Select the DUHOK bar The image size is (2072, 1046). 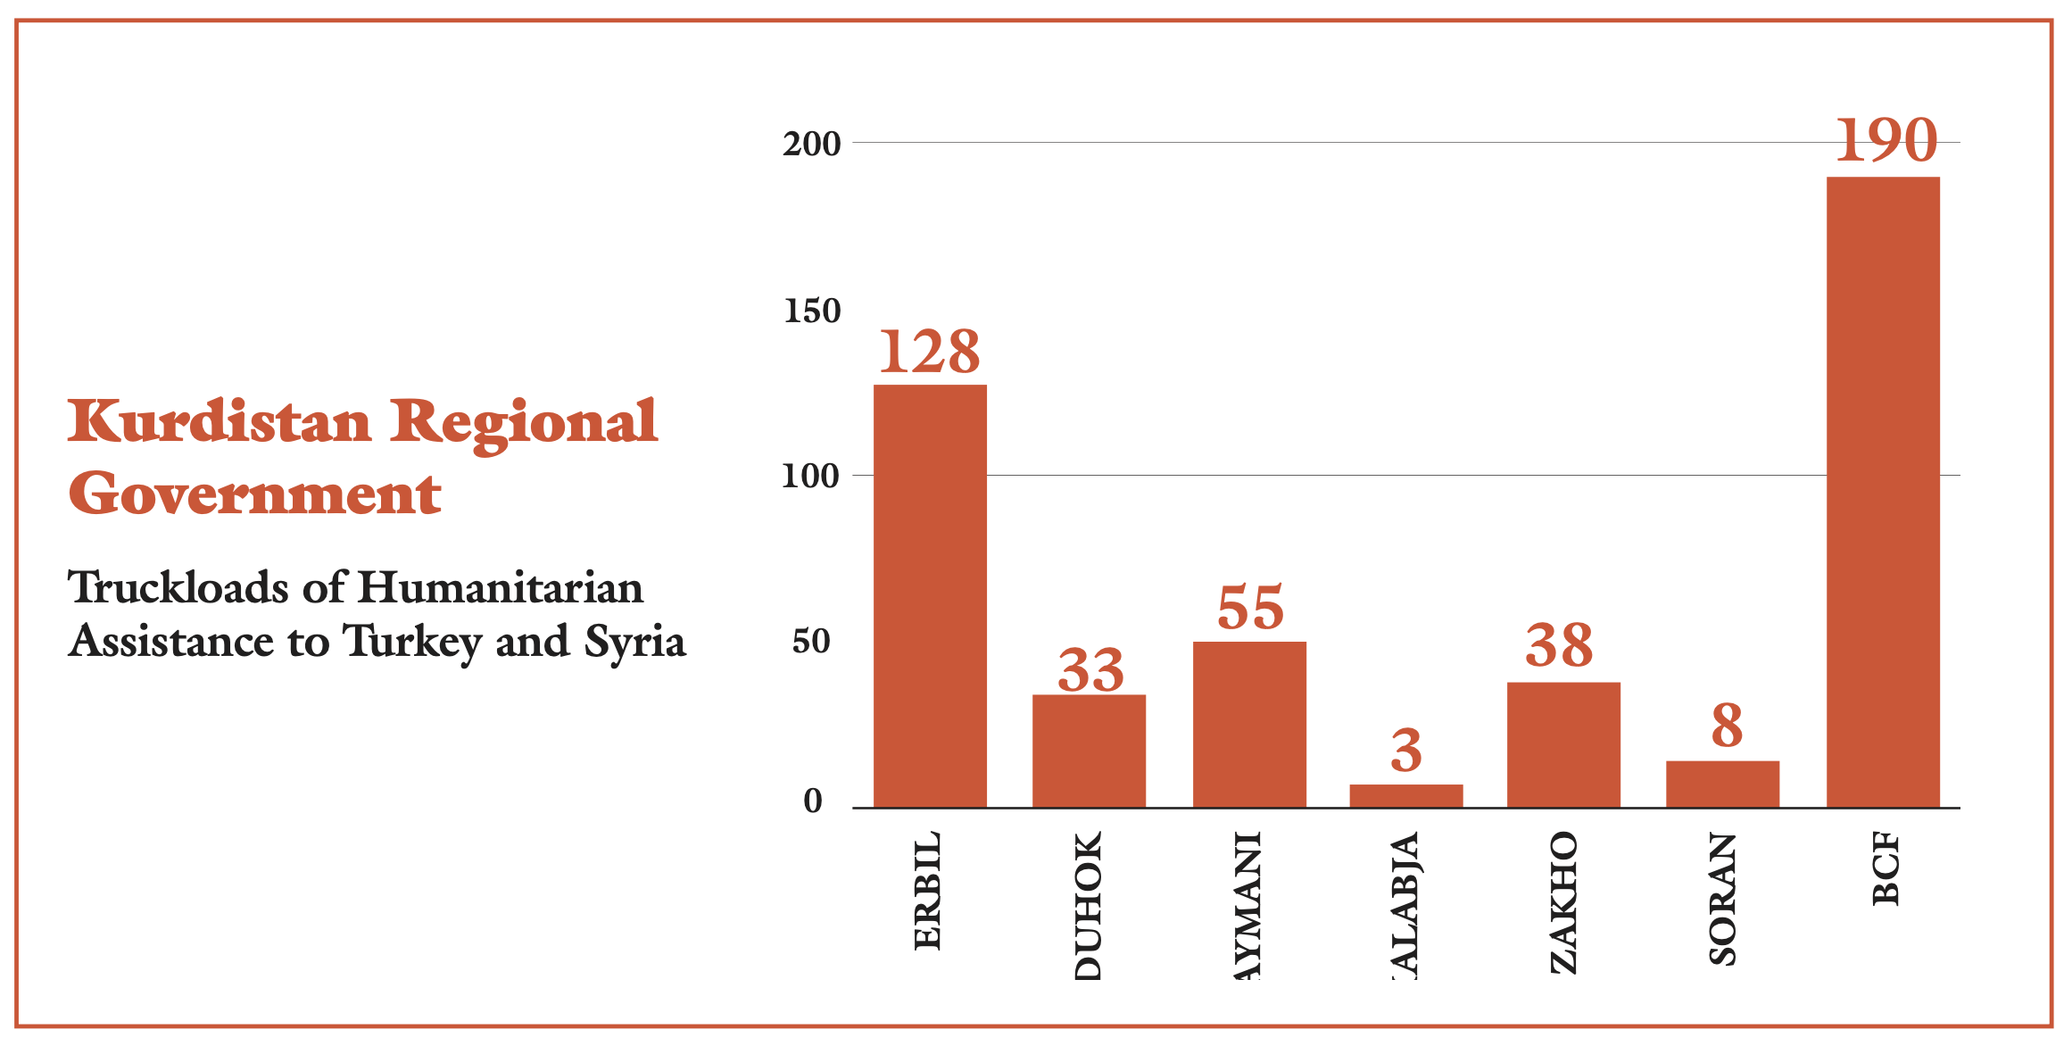(1089, 751)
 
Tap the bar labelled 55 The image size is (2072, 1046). (1249, 724)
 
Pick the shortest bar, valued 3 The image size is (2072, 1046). (1405, 796)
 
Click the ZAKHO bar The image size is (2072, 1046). (1563, 744)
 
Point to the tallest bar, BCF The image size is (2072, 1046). (1883, 492)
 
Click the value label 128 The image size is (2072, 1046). (930, 352)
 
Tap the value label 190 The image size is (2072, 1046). (1886, 141)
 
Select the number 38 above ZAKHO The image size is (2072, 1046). (1559, 645)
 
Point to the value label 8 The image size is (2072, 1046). (1727, 726)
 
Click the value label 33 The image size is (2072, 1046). (1090, 670)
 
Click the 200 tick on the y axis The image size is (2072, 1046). (811, 144)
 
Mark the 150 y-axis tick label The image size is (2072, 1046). (812, 311)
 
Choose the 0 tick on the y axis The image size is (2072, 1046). (812, 801)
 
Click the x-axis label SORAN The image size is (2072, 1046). (1722, 899)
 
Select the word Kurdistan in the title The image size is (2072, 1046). (220, 421)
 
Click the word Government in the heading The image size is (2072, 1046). (255, 494)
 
